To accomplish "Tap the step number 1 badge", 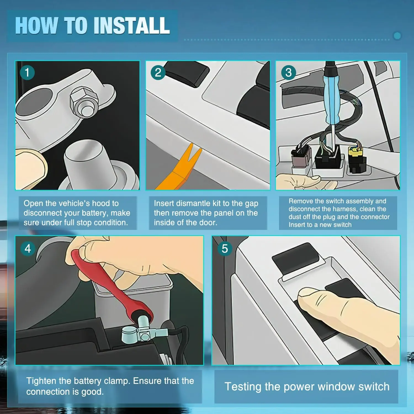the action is point(27,73).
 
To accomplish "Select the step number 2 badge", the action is point(158,73).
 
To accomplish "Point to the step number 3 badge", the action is point(288,73).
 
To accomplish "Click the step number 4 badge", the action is point(28,249).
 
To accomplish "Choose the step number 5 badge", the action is point(225,249).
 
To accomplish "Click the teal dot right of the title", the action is point(397,36).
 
